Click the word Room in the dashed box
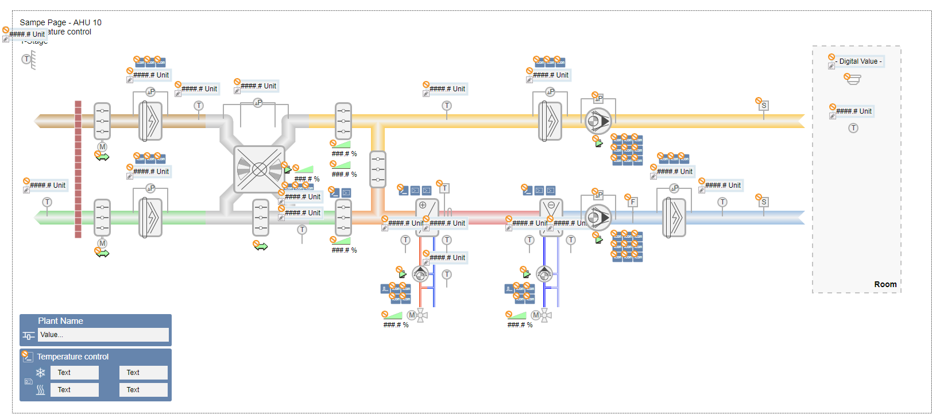click(x=885, y=284)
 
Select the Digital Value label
click(x=860, y=61)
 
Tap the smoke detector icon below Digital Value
click(x=854, y=80)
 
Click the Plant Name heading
click(x=60, y=321)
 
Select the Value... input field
click(x=103, y=335)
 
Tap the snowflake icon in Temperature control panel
click(x=41, y=373)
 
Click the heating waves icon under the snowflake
click(x=41, y=390)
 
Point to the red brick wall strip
click(x=78, y=169)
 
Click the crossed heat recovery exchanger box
click(x=260, y=169)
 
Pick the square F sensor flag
click(x=633, y=202)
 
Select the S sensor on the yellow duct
click(x=764, y=106)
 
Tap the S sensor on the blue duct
click(x=764, y=202)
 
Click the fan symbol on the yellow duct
click(x=598, y=121)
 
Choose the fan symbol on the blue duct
click(x=598, y=218)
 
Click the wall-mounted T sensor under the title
click(x=26, y=59)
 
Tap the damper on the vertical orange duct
click(x=378, y=169)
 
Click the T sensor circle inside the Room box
click(x=853, y=128)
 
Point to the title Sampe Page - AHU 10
click(x=60, y=22)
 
